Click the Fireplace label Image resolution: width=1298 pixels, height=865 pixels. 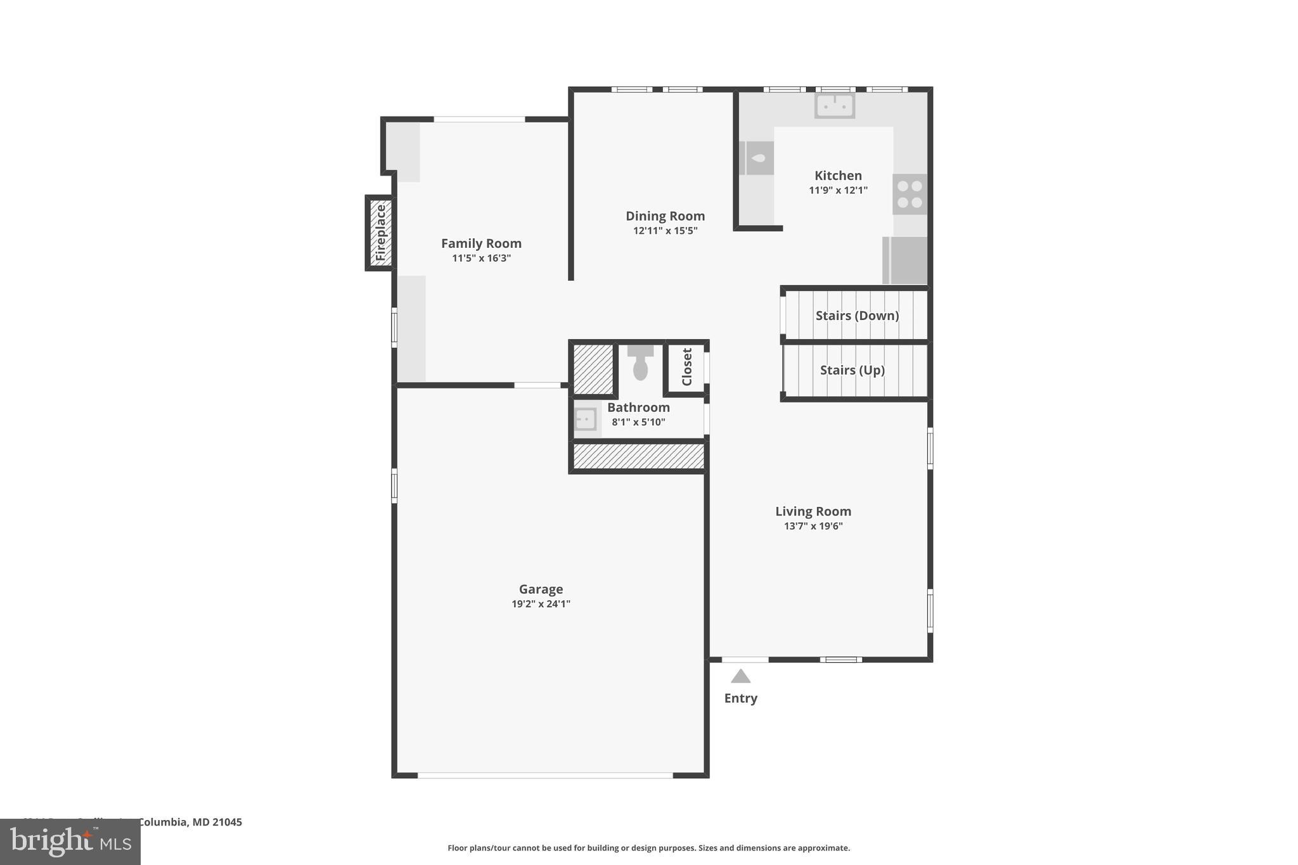(x=381, y=233)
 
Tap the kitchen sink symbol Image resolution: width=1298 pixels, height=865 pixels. (x=835, y=105)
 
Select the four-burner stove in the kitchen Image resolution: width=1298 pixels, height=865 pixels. (x=909, y=194)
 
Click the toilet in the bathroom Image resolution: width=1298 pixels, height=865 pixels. (x=640, y=364)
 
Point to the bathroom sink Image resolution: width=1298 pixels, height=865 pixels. (x=586, y=419)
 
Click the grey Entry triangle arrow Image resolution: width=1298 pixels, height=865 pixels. (x=740, y=677)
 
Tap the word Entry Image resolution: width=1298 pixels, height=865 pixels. (x=740, y=698)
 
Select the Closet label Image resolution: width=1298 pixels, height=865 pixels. (x=687, y=367)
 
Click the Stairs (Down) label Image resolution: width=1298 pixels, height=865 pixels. (x=857, y=315)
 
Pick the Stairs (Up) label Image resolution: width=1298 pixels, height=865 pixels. (x=852, y=369)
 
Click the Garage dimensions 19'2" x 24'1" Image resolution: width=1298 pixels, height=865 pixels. (x=541, y=604)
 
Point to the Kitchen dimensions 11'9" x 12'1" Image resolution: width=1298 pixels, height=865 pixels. (x=838, y=190)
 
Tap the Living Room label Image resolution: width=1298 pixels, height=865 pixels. (x=813, y=511)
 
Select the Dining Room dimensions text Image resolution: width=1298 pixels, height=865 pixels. (x=665, y=231)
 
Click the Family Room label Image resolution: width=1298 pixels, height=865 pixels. (x=481, y=243)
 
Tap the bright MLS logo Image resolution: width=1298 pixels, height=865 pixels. (x=70, y=842)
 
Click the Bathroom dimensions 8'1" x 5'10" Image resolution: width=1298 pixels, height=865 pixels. (x=638, y=422)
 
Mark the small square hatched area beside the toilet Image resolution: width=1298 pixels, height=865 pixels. (x=593, y=369)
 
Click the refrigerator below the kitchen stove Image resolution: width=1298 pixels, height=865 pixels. (x=905, y=260)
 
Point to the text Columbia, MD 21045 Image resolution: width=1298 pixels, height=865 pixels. (x=190, y=822)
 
